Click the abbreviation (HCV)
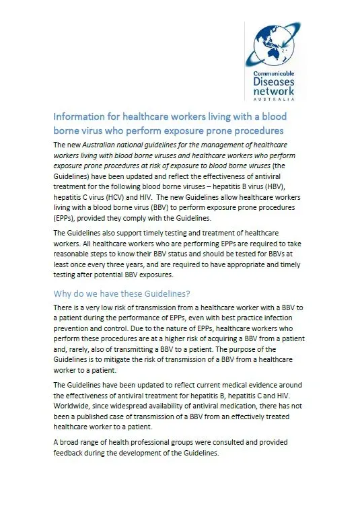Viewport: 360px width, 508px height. point(120,201)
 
